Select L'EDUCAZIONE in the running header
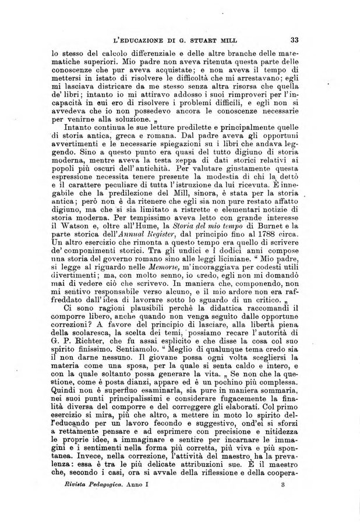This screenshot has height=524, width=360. (138, 41)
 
